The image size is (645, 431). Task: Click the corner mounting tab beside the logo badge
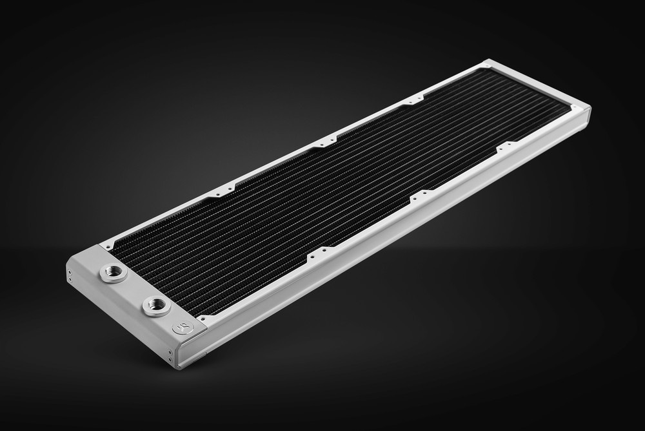coord(205,319)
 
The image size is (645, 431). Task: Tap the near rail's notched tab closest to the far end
coord(505,147)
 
